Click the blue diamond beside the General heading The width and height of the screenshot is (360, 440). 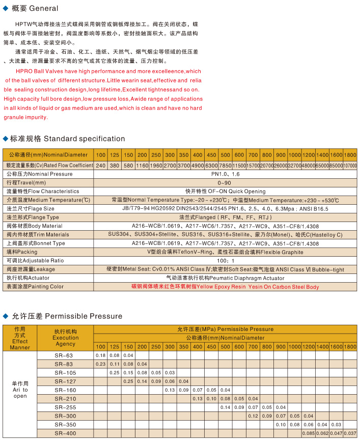[x=5, y=8]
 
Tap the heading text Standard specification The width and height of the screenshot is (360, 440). [x=84, y=139]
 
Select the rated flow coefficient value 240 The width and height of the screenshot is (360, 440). [x=101, y=166]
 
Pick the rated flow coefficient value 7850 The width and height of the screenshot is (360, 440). [x=225, y=166]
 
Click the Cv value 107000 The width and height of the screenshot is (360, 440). [x=350, y=166]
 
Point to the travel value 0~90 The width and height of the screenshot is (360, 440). [x=225, y=182]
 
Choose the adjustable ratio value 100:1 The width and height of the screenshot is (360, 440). [x=225, y=260]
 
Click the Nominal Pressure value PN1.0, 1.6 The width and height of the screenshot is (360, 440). [x=225, y=174]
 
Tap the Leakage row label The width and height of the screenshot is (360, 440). [x=31, y=269]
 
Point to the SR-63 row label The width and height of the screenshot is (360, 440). [x=65, y=355]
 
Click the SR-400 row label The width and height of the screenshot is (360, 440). [x=65, y=433]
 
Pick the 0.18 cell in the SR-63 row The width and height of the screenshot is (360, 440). [x=100, y=355]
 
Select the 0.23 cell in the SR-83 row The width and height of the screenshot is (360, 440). [x=100, y=364]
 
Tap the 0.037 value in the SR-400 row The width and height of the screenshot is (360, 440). [x=350, y=433]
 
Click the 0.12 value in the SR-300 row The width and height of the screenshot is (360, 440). [x=253, y=416]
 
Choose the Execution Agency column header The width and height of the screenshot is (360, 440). [x=66, y=338]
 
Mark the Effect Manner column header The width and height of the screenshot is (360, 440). [x=20, y=339]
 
